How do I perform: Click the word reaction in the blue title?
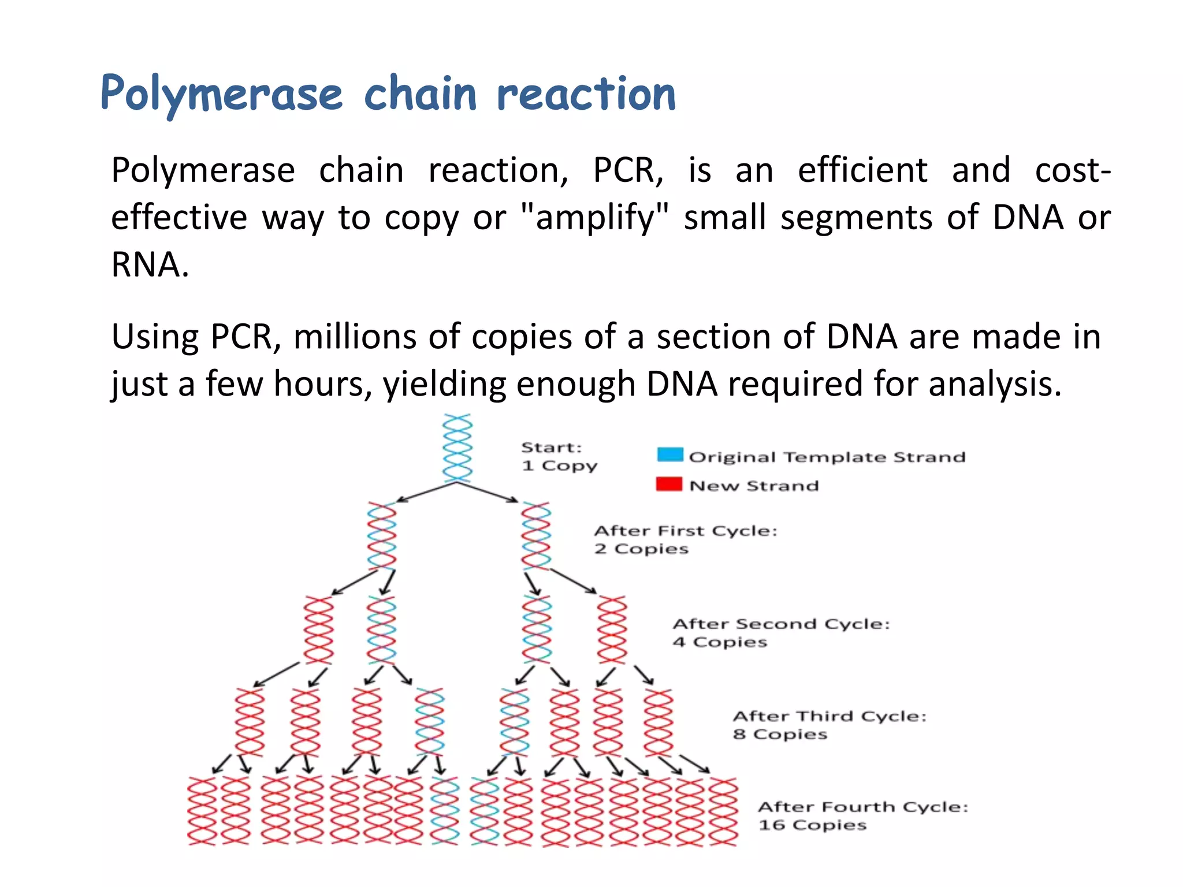pos(586,94)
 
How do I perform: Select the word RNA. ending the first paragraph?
pos(150,265)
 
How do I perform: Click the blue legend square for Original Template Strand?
pos(670,454)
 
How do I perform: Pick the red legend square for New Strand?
pos(669,484)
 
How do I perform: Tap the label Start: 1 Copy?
pos(559,456)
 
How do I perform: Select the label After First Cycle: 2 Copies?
pos(685,539)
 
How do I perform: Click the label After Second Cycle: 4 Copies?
pos(780,632)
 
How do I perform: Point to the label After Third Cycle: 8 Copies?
pos(829,725)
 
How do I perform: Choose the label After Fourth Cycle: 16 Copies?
pos(862,815)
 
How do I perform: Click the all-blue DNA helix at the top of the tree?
pos(457,448)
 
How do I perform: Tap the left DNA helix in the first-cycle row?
pos(382,536)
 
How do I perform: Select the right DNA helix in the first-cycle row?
pos(536,536)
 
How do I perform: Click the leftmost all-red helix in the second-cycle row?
pos(319,630)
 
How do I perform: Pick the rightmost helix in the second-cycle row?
pos(612,630)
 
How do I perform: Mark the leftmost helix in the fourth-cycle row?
pos(202,811)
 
